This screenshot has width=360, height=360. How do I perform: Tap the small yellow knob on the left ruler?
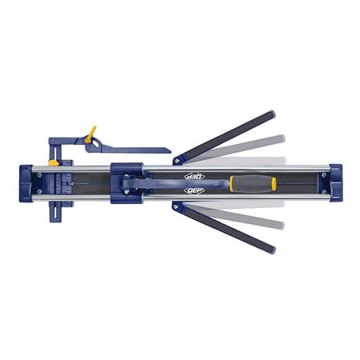[x=54, y=162]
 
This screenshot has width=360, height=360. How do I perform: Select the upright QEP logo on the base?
[x=194, y=191]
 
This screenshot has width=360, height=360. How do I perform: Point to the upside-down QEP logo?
[x=194, y=176]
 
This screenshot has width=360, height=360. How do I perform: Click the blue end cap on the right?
[x=334, y=183]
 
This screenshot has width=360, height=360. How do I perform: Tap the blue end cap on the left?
[x=26, y=183]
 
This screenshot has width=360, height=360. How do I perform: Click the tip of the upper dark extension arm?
[x=271, y=114]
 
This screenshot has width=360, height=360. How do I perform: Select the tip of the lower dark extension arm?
[x=271, y=250]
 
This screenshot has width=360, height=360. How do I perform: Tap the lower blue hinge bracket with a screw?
[x=178, y=207]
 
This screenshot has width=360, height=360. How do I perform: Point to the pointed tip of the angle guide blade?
[x=169, y=150]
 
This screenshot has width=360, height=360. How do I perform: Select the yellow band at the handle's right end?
[x=273, y=183]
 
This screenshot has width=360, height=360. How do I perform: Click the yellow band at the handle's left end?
[x=233, y=183]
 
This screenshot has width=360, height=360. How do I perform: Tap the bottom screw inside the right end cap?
[x=325, y=193]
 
